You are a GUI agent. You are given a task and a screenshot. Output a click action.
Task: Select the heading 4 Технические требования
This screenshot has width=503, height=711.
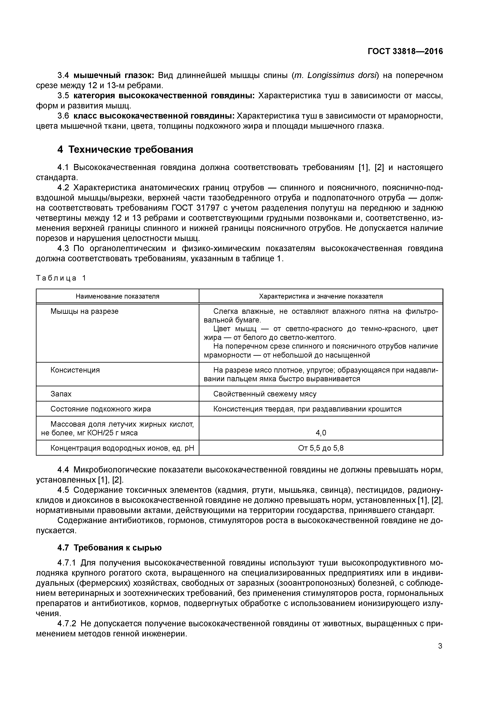click(125, 150)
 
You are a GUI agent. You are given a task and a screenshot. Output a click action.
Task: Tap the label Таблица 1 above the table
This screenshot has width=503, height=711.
click(61, 278)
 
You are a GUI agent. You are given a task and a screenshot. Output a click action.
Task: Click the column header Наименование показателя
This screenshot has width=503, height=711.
click(117, 296)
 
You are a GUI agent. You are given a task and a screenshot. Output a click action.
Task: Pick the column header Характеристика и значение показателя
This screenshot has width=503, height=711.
click(321, 296)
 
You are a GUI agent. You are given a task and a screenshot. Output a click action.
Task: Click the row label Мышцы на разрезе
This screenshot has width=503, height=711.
click(84, 311)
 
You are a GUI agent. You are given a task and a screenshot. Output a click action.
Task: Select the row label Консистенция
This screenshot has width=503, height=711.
click(75, 370)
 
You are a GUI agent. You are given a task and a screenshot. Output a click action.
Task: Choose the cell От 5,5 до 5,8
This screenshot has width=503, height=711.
click(321, 448)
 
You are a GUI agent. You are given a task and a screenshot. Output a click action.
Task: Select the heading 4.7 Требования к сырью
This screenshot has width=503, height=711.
click(109, 548)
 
